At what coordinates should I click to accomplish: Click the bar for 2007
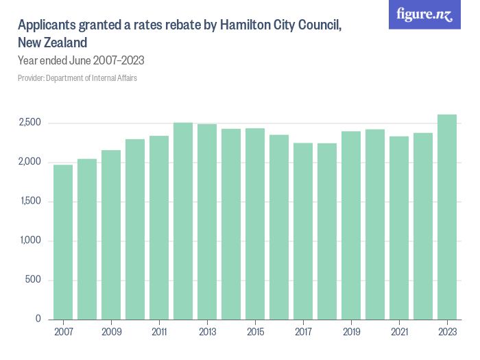pos(63,242)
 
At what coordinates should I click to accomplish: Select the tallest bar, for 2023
pos(447,217)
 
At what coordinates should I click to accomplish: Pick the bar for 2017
pos(303,231)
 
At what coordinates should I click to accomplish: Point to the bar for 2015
pos(255,224)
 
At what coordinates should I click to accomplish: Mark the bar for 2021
pos(399,228)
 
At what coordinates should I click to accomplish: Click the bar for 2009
pos(111,235)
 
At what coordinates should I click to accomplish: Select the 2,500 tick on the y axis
pos(30,123)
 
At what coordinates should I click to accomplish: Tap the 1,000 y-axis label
pos(30,241)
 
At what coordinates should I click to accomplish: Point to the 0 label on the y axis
pos(38,319)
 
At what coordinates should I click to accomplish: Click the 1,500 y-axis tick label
pos(30,202)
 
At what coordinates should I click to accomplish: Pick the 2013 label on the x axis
pos(207,332)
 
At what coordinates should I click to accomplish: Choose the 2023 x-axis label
pos(447,332)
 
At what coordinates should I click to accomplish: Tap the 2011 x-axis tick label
pos(159,332)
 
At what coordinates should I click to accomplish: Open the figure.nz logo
pos(425,14)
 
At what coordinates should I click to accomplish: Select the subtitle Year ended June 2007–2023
pos(81,60)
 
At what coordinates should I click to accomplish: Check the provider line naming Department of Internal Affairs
pos(77,78)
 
